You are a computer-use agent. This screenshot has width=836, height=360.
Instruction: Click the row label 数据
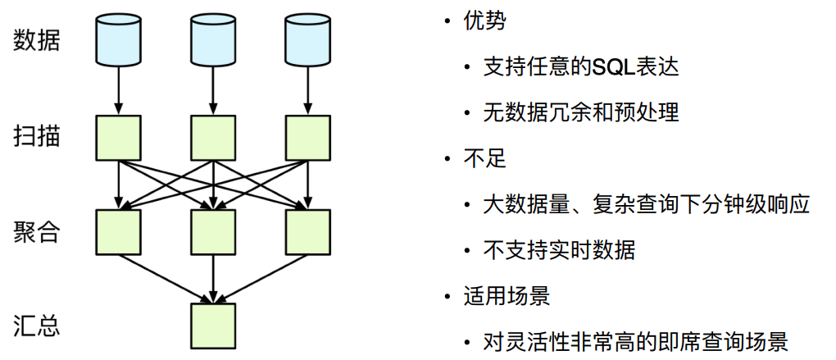(x=37, y=41)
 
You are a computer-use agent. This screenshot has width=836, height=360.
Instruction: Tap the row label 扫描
(x=37, y=136)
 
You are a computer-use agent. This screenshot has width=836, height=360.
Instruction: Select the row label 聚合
(x=37, y=231)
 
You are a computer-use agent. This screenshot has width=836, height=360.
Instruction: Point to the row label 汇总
(x=37, y=326)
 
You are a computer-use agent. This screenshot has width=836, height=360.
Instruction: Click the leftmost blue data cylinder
(x=119, y=41)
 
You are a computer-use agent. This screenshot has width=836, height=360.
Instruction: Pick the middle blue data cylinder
(x=213, y=41)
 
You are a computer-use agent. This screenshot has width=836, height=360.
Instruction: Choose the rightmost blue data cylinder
(x=307, y=41)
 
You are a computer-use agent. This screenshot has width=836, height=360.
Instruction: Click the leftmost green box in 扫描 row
(x=119, y=137)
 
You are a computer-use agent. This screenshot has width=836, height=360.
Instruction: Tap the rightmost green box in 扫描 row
(x=307, y=137)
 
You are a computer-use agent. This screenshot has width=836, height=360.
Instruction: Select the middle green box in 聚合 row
(x=213, y=231)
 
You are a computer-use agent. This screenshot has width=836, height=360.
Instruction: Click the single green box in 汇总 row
(x=213, y=326)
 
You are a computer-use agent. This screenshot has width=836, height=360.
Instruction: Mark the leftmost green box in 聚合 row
(x=119, y=231)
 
